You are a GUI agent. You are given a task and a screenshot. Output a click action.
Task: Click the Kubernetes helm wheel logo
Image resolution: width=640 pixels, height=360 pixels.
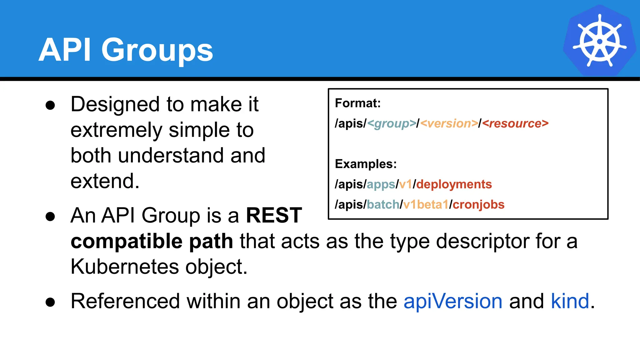click(x=599, y=41)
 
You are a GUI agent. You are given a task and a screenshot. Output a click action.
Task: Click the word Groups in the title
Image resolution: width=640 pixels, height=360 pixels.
click(x=157, y=50)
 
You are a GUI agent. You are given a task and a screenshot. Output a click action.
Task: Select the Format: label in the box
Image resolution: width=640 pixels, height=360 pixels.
click(x=358, y=103)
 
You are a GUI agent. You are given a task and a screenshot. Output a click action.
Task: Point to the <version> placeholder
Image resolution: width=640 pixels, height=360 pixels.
click(x=449, y=124)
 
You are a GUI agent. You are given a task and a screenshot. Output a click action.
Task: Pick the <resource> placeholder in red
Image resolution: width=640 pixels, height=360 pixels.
click(x=515, y=124)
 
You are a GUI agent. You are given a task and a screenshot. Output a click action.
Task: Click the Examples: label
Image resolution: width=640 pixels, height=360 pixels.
click(x=366, y=164)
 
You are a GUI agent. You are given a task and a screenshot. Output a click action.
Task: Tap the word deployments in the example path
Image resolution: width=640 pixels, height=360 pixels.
click(x=454, y=184)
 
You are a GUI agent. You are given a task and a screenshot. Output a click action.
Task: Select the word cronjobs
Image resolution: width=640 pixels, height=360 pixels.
click(x=478, y=205)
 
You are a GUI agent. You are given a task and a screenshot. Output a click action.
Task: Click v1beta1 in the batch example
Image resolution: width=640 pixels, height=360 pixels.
click(x=426, y=205)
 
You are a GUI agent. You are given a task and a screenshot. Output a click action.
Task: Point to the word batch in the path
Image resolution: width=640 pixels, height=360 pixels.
click(x=383, y=205)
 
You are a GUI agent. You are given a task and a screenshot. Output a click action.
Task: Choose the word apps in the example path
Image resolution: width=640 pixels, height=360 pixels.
click(x=381, y=185)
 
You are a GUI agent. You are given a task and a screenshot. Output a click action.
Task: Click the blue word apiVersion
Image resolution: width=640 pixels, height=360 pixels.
click(x=453, y=301)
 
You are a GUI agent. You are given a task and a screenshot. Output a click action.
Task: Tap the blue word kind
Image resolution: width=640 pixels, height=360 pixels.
click(x=570, y=301)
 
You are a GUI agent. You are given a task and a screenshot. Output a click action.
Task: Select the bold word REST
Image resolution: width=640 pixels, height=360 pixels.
click(x=274, y=215)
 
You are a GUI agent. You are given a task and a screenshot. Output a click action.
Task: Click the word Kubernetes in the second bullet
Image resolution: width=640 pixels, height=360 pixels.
click(x=125, y=267)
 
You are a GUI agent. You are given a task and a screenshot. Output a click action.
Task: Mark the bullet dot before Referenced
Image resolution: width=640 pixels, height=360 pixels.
click(x=50, y=302)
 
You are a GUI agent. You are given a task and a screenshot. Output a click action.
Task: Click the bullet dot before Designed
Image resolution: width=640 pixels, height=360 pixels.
click(x=50, y=105)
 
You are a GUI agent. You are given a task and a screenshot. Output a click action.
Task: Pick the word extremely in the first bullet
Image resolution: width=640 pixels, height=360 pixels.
click(x=116, y=130)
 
